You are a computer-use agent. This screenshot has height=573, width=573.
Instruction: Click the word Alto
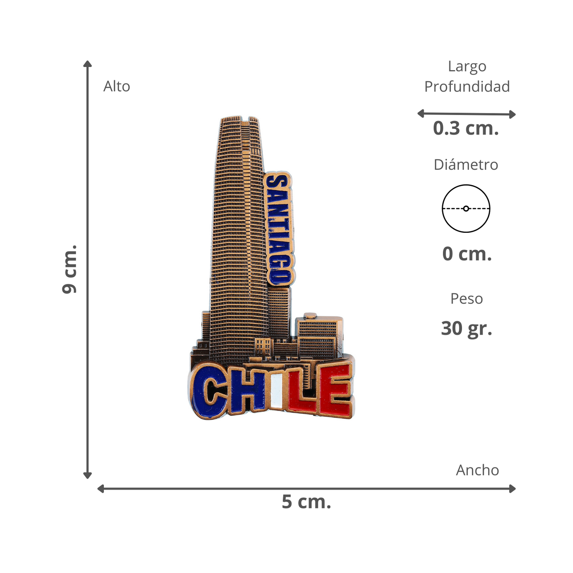tap(117, 86)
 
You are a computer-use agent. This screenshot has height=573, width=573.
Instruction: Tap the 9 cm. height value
tap(69, 269)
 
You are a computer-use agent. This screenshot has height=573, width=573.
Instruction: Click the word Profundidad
tap(467, 86)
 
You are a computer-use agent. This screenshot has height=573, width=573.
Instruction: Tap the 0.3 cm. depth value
tap(466, 128)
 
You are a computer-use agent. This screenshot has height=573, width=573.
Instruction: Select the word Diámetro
tap(466, 165)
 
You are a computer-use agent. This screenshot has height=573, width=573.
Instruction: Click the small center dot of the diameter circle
tap(466, 209)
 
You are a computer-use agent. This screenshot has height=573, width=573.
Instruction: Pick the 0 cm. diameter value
tap(467, 254)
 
